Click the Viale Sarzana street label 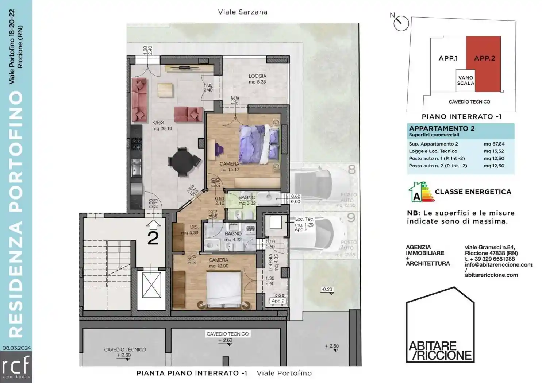[x=243, y=12]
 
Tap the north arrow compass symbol [x=401, y=23]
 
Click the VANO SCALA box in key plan [x=465, y=80]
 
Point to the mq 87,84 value [x=494, y=144]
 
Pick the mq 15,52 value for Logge [x=494, y=151]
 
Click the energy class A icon [x=421, y=192]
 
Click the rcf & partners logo [x=16, y=367]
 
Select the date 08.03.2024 [x=17, y=348]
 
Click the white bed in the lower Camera [x=223, y=290]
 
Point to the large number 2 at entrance [x=153, y=238]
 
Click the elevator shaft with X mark [x=151, y=285]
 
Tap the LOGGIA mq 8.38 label [x=257, y=79]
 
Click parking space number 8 [x=351, y=170]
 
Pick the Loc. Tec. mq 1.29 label [x=304, y=224]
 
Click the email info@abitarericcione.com [x=498, y=265]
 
